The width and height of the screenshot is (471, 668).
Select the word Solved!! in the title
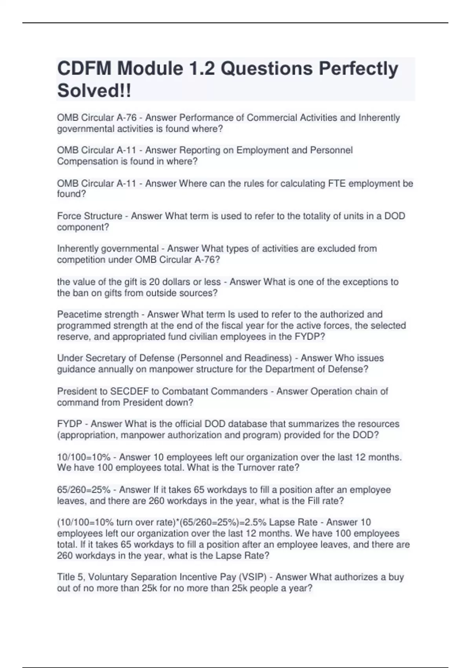[94, 91]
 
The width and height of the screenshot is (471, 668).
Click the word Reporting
[199, 150]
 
